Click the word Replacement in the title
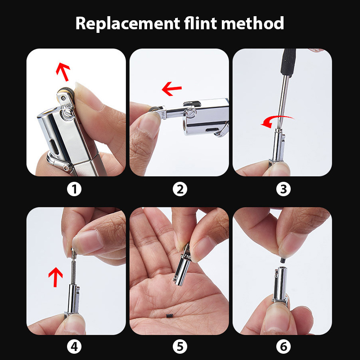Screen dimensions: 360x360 (128, 23)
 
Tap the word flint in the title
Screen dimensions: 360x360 (200, 23)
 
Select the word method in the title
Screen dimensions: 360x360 (252, 23)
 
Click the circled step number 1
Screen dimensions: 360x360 (74, 189)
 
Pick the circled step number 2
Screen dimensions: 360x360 (180, 189)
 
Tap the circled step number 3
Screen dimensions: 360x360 (283, 189)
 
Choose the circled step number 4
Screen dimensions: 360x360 (74, 346)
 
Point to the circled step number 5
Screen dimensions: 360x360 (180, 346)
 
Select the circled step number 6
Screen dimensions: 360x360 (283, 346)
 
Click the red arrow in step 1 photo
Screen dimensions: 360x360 (63, 72)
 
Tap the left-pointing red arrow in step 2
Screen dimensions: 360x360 (171, 89)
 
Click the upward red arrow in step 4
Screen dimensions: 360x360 (55, 277)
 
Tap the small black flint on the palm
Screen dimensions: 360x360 (168, 316)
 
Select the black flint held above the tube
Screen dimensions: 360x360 (283, 261)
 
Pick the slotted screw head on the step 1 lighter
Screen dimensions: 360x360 (67, 114)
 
